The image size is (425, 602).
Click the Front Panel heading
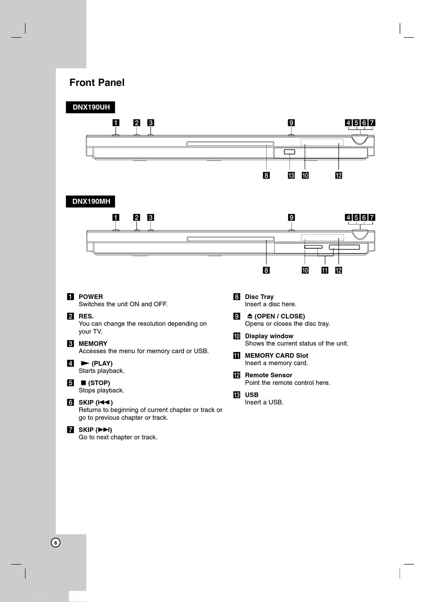coord(97,83)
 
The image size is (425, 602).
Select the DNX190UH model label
coord(91,107)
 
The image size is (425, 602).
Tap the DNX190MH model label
coord(91,201)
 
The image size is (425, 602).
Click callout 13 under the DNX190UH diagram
coord(291,175)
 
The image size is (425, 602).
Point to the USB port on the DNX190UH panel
coord(289,152)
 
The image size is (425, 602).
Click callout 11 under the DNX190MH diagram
coord(325,270)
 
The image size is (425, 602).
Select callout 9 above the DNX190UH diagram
coord(291,123)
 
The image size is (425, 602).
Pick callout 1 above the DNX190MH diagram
coord(116,218)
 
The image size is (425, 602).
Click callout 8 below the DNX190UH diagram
coord(266,175)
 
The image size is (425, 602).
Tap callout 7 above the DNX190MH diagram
coord(372,218)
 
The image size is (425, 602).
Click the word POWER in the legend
coord(91,297)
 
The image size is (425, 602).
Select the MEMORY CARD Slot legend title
coord(276,356)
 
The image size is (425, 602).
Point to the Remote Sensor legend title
coord(268,375)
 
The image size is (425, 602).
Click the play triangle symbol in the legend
coord(85,363)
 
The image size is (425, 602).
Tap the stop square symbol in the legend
coord(83,383)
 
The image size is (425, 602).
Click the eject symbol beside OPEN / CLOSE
coord(250,316)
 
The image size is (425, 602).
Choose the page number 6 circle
coord(55,542)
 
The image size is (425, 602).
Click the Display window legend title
coord(269,336)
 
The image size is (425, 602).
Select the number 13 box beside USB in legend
coord(237,395)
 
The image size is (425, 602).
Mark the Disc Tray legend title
coord(259,297)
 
